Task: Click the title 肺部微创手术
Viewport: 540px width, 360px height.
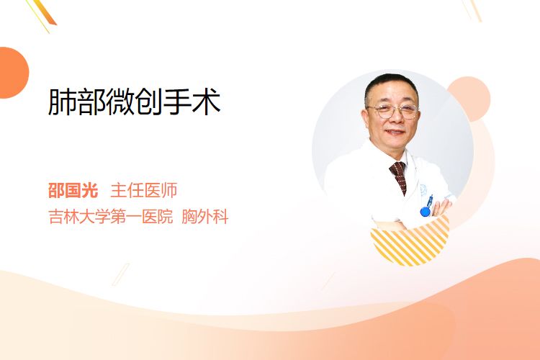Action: pyautogui.click(x=135, y=102)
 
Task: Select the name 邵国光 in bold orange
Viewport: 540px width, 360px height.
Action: pyautogui.click(x=73, y=191)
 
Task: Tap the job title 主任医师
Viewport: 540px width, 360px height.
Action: pyautogui.click(x=144, y=191)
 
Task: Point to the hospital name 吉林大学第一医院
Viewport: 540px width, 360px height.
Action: pyautogui.click(x=111, y=217)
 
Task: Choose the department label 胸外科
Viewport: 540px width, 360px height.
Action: pyautogui.click(x=205, y=217)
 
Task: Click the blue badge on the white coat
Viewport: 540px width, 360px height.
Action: pyautogui.click(x=426, y=211)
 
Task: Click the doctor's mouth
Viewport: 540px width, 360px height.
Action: pyautogui.click(x=395, y=132)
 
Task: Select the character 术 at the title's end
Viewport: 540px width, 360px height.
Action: pyautogui.click(x=207, y=102)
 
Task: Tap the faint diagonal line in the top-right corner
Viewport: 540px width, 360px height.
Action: pyautogui.click(x=472, y=10)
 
